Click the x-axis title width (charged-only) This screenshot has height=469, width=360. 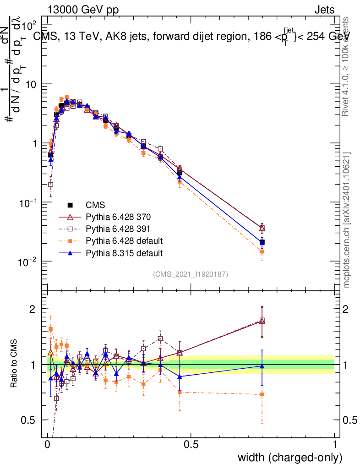[x=289, y=458]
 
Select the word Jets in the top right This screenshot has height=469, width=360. [x=324, y=10]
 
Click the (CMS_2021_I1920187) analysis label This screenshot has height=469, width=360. [x=191, y=274]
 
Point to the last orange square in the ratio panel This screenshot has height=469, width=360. [x=262, y=394]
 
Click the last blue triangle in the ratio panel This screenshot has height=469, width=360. [x=262, y=366]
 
